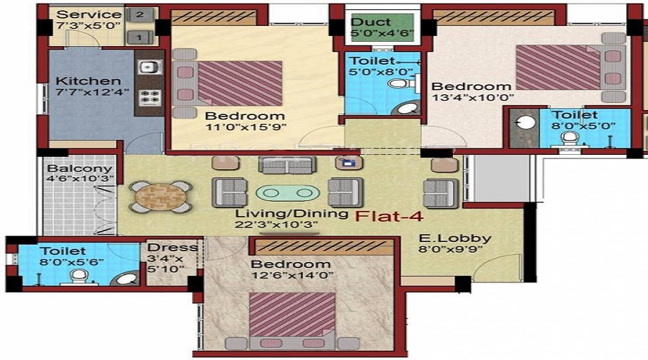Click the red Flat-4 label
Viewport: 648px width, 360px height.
[x=390, y=215]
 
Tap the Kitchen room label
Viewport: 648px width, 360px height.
[x=88, y=81]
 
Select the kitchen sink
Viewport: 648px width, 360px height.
[x=149, y=67]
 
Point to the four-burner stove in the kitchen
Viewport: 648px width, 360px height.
[x=149, y=97]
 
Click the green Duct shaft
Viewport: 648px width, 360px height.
[x=382, y=27]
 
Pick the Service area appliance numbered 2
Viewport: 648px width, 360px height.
[x=140, y=15]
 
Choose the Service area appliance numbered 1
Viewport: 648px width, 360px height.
[x=140, y=37]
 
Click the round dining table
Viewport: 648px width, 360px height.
[x=161, y=197]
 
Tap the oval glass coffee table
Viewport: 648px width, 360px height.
[x=287, y=193]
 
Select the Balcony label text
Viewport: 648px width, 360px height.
[x=80, y=168]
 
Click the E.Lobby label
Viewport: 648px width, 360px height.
[x=455, y=238]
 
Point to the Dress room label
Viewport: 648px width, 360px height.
[x=172, y=248]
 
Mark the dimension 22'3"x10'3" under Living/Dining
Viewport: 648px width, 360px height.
[x=276, y=225]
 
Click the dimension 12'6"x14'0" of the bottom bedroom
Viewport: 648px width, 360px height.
[x=292, y=275]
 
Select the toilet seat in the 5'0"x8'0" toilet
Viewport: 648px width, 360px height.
[x=398, y=84]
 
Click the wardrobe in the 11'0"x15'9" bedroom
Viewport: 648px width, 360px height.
[x=213, y=18]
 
